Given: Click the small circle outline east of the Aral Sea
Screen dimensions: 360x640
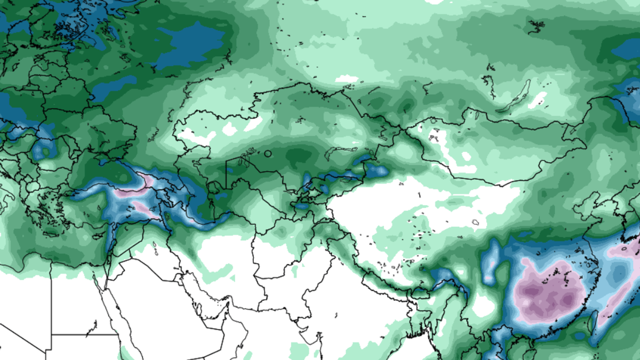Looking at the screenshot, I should [x=268, y=154].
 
